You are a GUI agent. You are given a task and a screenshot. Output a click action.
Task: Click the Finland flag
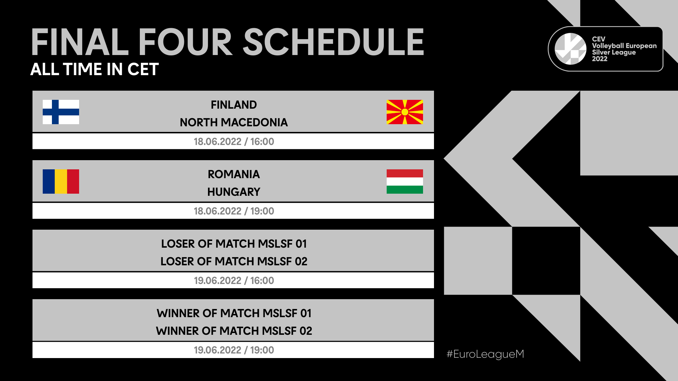coord(61,112)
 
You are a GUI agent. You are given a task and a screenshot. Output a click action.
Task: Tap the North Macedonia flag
coord(405,112)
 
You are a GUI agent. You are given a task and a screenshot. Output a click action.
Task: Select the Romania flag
coord(61,181)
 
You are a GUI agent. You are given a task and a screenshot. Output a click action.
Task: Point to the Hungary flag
coord(405,181)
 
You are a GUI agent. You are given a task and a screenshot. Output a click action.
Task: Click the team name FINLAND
coord(233,105)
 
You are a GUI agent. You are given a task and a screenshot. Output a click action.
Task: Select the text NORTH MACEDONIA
coord(233,122)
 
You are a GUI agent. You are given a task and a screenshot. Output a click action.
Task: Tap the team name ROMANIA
coord(233,174)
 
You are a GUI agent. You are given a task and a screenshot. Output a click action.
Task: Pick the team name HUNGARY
coord(233,192)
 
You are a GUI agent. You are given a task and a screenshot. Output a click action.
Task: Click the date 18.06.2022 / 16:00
coord(233,141)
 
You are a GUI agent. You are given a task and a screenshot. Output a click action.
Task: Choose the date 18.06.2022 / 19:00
coord(233,211)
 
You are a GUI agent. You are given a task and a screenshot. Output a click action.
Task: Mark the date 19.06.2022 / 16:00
coord(233,280)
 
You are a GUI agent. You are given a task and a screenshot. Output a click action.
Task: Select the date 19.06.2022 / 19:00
coord(233,350)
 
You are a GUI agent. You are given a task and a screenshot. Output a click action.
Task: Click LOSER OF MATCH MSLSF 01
coord(233,244)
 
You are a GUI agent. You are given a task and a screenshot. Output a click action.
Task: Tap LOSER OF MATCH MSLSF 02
coord(233,261)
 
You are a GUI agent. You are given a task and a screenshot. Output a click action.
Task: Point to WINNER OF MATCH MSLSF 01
coord(233,313)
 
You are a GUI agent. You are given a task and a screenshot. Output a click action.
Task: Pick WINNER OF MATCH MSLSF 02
coord(233,331)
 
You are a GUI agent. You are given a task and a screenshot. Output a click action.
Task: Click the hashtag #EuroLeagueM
coord(485,354)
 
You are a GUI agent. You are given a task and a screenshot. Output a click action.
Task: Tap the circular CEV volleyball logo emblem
coord(570,49)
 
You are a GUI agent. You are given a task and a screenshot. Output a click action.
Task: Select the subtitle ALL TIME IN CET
coord(94,69)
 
